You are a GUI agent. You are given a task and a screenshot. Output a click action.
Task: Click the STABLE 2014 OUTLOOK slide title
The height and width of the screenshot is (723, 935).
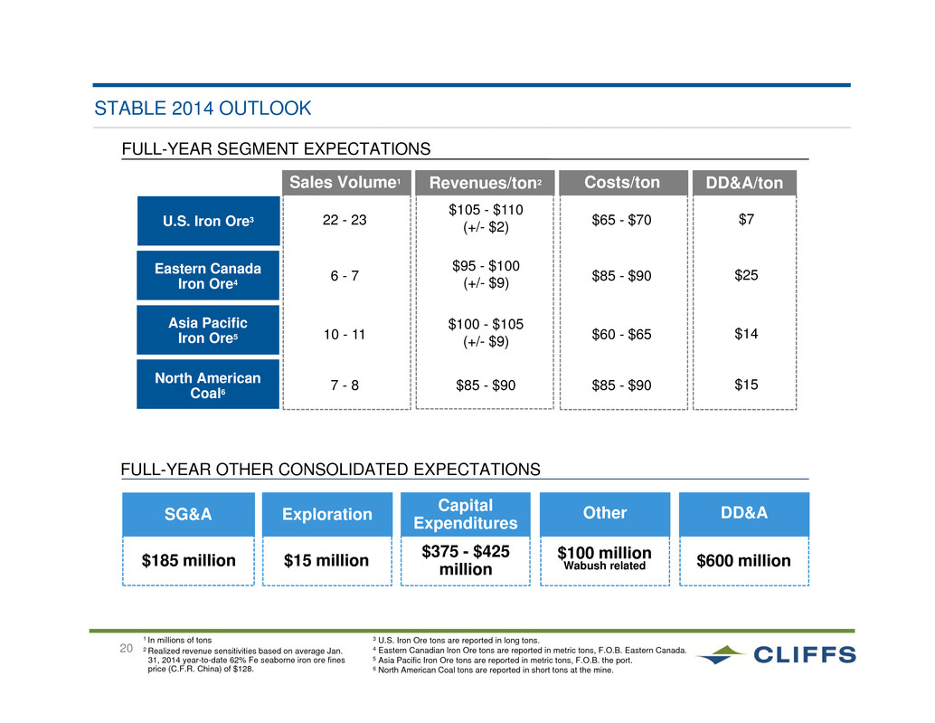[203, 108]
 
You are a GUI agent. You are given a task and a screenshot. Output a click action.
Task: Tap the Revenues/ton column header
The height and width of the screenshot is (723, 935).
[485, 183]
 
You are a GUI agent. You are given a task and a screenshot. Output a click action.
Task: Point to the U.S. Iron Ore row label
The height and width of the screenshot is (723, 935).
[209, 221]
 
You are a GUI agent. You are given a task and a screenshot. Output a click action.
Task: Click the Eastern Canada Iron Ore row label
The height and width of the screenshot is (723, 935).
[208, 276]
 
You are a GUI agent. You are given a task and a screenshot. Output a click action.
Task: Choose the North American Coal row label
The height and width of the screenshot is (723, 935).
[208, 385]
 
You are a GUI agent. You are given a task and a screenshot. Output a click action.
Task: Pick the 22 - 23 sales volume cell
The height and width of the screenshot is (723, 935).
[345, 220]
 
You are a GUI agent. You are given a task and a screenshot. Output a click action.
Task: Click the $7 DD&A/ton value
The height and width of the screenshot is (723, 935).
[746, 220]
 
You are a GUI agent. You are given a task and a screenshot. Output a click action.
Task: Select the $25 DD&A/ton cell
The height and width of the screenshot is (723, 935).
[746, 275]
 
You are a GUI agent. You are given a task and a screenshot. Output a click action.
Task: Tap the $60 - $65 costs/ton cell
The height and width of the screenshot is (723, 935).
[621, 334]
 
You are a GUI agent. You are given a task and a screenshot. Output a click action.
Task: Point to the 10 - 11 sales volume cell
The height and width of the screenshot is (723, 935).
[345, 334]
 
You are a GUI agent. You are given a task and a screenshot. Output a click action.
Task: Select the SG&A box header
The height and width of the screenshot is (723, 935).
[188, 514]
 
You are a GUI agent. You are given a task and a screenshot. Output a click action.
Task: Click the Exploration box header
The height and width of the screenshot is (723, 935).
[327, 514]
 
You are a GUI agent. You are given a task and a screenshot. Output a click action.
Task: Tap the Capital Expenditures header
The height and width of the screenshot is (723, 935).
[466, 514]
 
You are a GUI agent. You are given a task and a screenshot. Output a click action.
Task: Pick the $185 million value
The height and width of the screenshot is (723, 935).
[188, 561]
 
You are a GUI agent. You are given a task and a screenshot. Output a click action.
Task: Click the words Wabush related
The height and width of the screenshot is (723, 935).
[605, 566]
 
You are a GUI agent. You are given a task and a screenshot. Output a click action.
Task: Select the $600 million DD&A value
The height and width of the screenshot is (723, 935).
[743, 561]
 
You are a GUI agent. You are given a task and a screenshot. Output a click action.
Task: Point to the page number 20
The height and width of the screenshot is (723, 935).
[126, 649]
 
